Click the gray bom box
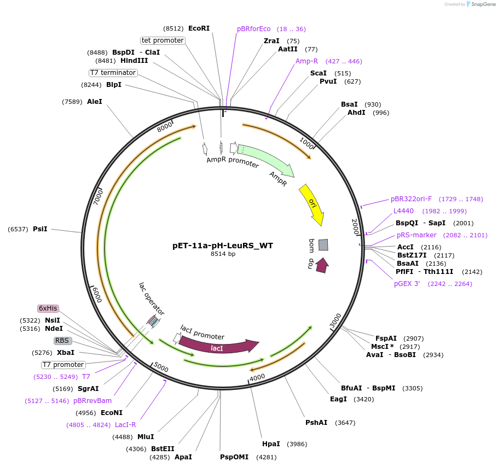(x=323, y=245)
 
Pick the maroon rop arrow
(x=322, y=265)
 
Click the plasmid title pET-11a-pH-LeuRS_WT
(x=223, y=246)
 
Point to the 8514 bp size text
(x=223, y=254)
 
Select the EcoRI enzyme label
(x=199, y=28)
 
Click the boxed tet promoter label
(x=163, y=40)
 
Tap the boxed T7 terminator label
(x=113, y=73)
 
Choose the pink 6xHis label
(x=48, y=308)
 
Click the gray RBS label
(x=62, y=341)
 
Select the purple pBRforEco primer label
(x=254, y=29)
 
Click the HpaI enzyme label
(x=271, y=444)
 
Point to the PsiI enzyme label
(x=40, y=229)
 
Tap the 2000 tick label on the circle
(x=355, y=226)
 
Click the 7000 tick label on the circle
(x=99, y=197)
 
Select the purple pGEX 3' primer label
(x=407, y=284)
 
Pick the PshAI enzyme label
(x=316, y=422)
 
